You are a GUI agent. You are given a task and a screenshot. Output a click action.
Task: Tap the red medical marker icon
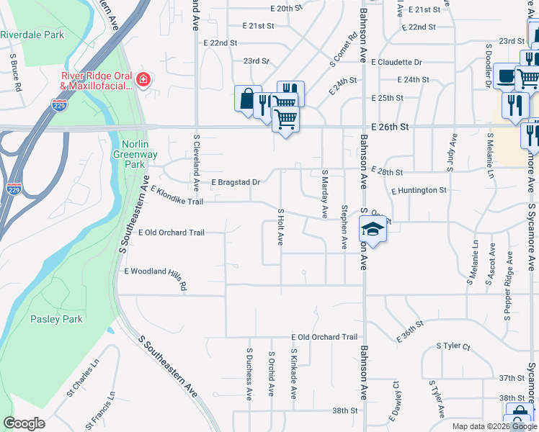[x=143, y=79]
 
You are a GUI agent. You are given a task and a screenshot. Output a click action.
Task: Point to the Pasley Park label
[x=56, y=319]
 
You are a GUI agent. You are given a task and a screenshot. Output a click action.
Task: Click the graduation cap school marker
[x=372, y=230]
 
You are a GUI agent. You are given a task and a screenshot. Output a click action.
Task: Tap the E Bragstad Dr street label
[x=235, y=183]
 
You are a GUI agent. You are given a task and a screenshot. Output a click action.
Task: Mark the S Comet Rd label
[x=344, y=51]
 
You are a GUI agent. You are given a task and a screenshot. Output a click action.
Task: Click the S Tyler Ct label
[x=454, y=347]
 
